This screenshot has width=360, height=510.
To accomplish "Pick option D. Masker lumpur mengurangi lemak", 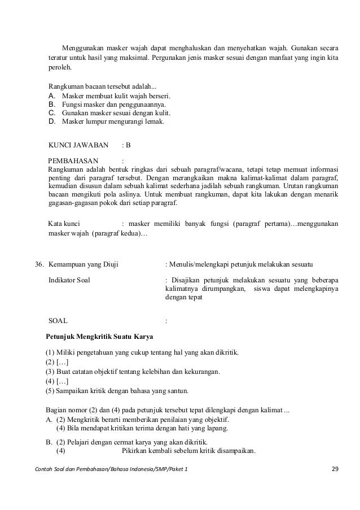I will [107, 120].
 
